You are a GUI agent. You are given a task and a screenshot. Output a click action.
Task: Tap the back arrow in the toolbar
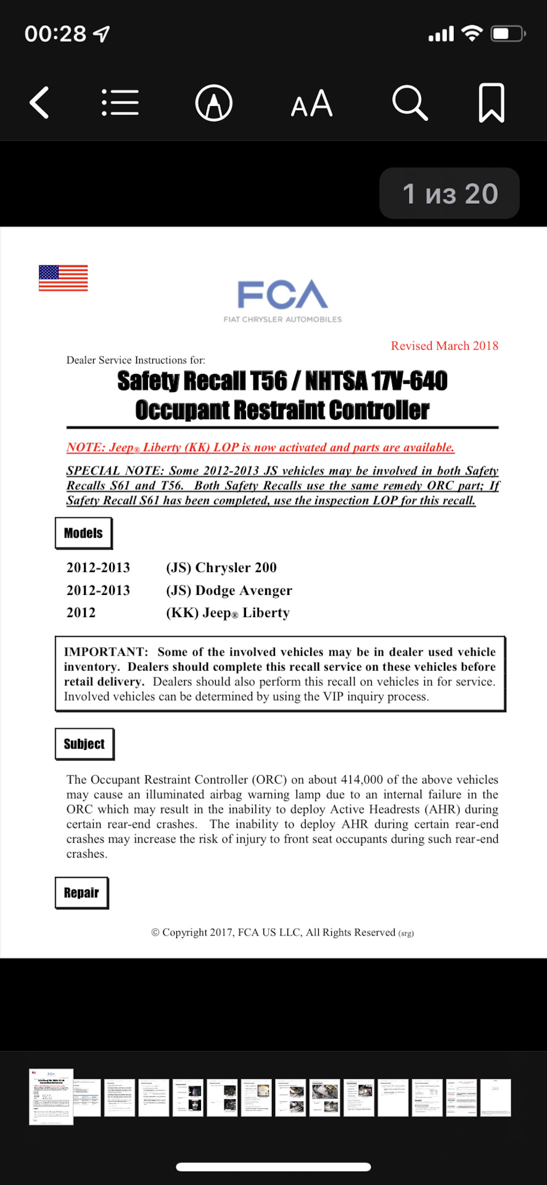pyautogui.click(x=39, y=102)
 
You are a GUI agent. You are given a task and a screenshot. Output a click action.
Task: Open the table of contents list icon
pyautogui.click(x=120, y=102)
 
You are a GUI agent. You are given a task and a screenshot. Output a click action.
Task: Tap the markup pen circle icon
pyautogui.click(x=213, y=103)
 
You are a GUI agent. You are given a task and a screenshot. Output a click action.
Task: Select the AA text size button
pyautogui.click(x=311, y=104)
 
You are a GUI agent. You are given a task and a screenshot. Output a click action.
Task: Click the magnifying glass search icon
pyautogui.click(x=409, y=102)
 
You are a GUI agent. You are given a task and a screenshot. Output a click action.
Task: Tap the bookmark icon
pyautogui.click(x=491, y=102)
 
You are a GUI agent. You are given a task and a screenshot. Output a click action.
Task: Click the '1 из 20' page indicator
pyautogui.click(x=450, y=194)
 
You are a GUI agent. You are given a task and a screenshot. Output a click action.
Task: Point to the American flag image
pyautogui.click(x=63, y=278)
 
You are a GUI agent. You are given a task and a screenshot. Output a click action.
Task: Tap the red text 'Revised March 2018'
pyautogui.click(x=445, y=346)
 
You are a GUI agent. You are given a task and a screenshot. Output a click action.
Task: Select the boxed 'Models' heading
pyautogui.click(x=83, y=533)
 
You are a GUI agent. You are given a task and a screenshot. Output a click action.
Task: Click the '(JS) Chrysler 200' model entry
pyautogui.click(x=221, y=568)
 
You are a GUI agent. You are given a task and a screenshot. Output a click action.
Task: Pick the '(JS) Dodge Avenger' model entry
pyautogui.click(x=229, y=591)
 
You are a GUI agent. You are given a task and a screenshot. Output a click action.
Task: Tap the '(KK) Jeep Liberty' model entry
pyautogui.click(x=228, y=613)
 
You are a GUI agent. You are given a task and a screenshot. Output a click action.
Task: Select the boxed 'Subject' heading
pyautogui.click(x=84, y=744)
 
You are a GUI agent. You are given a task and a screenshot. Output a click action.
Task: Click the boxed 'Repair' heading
pyautogui.click(x=81, y=893)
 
